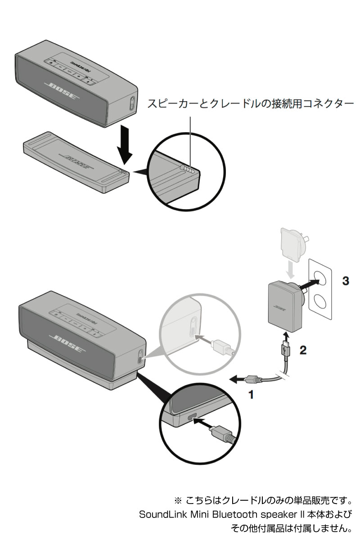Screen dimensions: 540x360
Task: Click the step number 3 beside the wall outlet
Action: click(x=345, y=281)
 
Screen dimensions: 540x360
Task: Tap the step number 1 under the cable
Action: click(x=252, y=396)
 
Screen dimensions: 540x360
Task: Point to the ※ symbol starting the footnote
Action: click(x=177, y=500)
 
